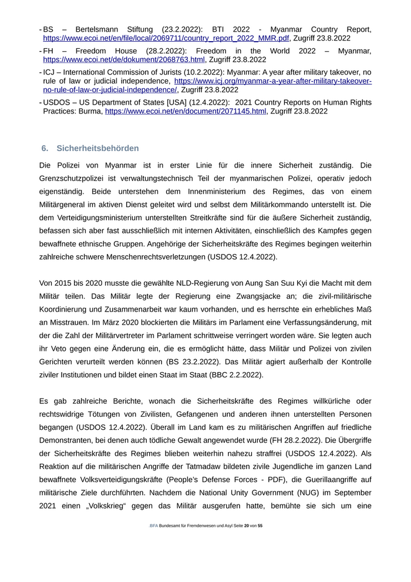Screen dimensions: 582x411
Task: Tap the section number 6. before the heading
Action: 45,148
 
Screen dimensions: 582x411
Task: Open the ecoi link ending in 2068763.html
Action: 124,59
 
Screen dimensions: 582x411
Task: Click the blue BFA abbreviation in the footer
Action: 153,541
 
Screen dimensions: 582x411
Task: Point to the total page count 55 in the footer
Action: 260,541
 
